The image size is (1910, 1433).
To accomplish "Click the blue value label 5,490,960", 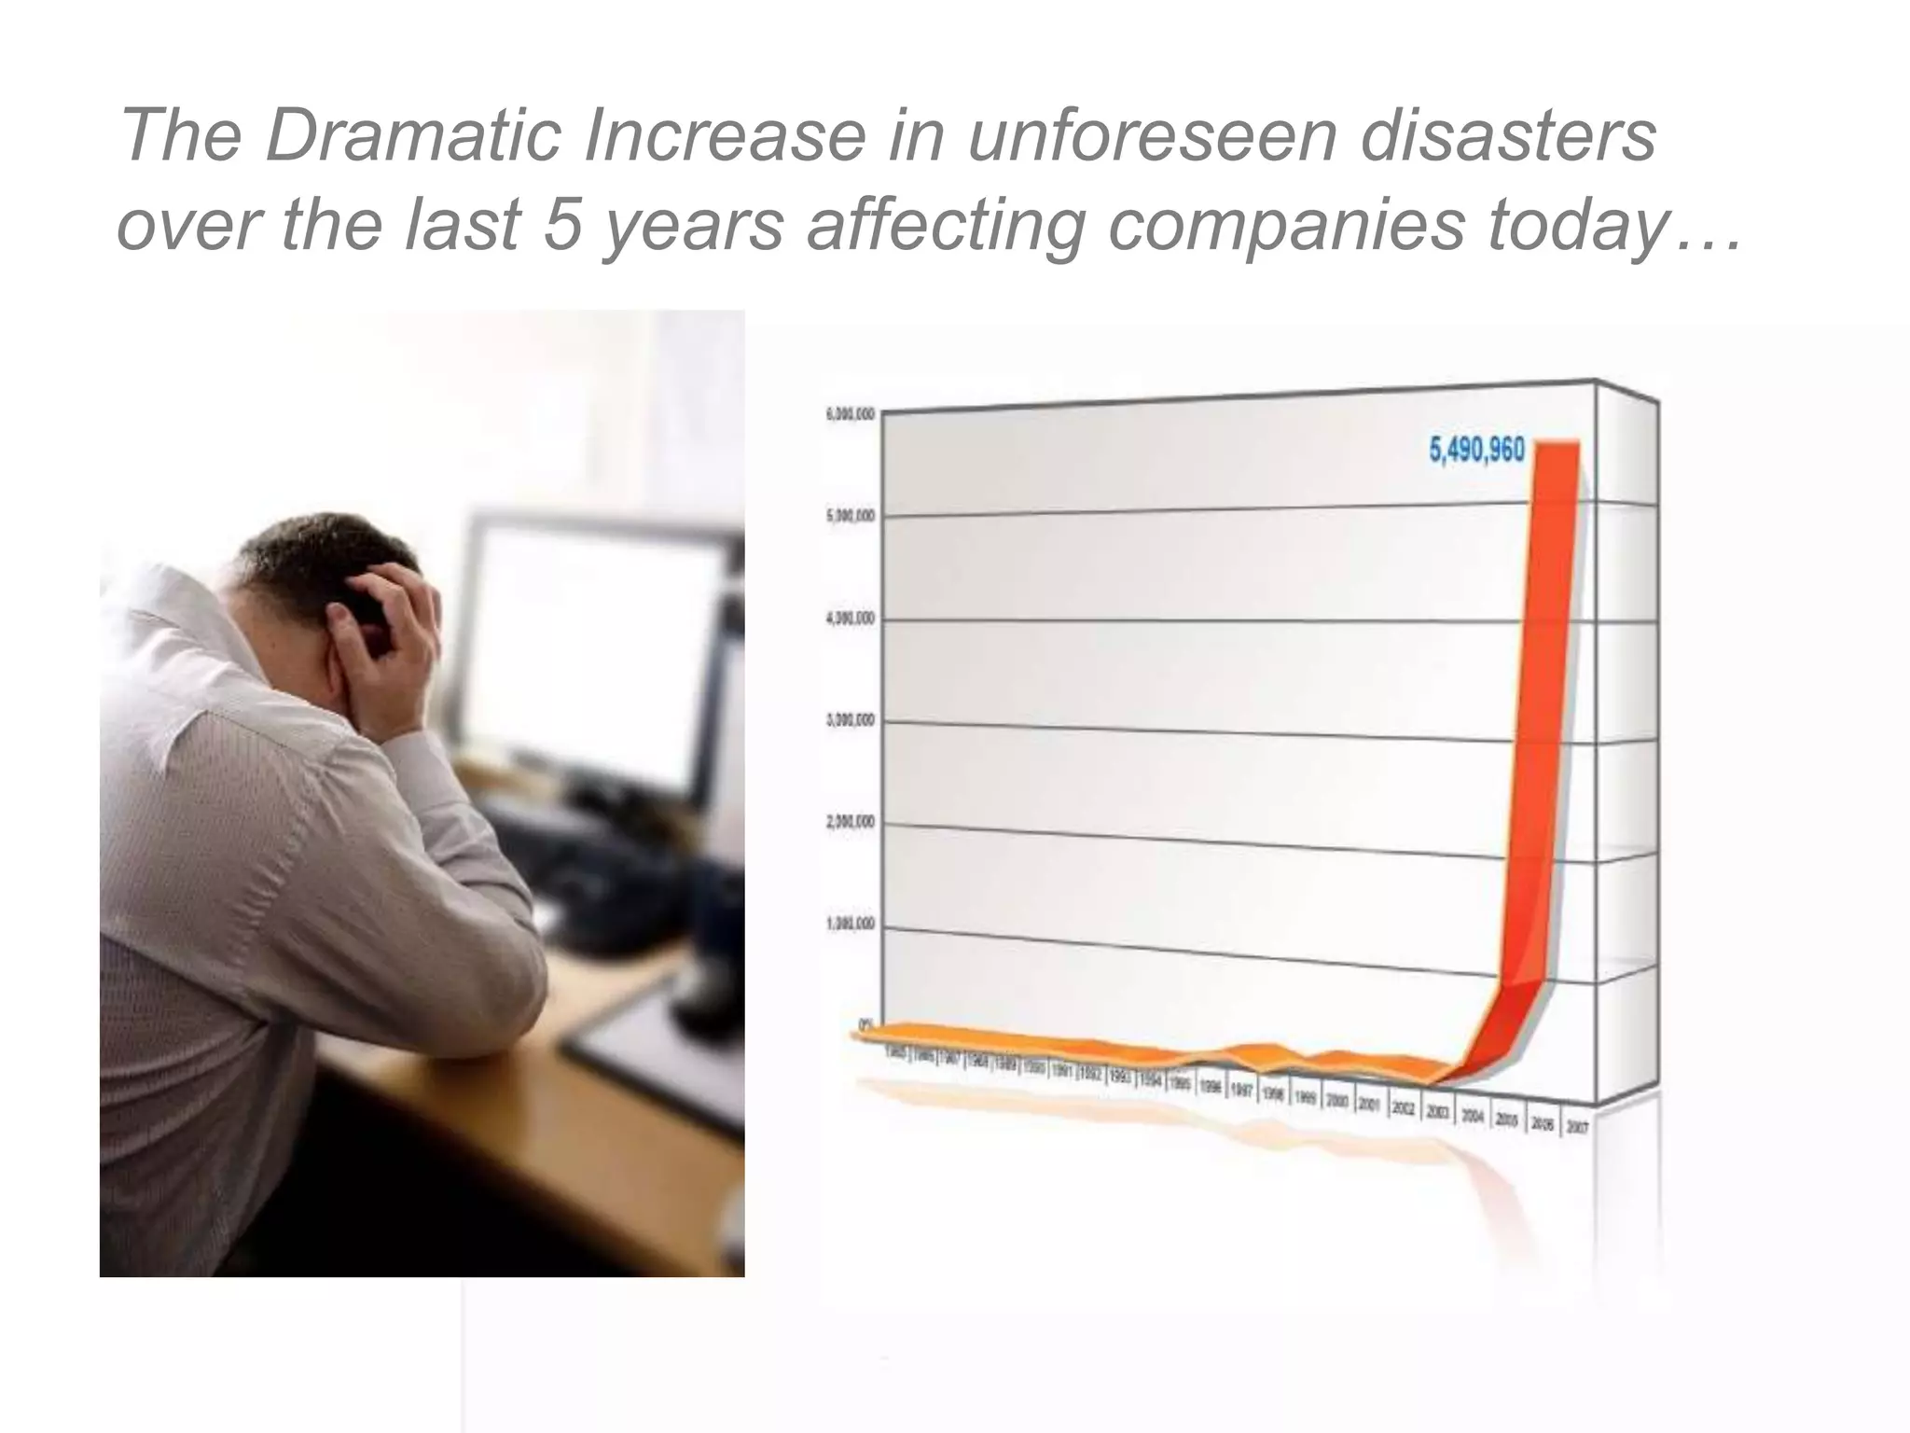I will pyautogui.click(x=1476, y=451).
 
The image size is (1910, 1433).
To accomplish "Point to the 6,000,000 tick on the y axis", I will pyautogui.click(x=850, y=413).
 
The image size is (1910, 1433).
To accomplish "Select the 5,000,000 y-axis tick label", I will pyautogui.click(x=850, y=516).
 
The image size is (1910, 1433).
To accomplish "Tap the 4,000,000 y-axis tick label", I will pyautogui.click(x=850, y=619).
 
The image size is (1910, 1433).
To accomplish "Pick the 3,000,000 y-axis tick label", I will pyautogui.click(x=850, y=720).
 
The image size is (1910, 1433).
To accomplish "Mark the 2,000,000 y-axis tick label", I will pyautogui.click(x=850, y=822).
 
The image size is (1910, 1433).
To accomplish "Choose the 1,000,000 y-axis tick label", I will pyautogui.click(x=850, y=924).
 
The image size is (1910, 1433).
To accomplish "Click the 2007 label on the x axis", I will pyautogui.click(x=1577, y=1127).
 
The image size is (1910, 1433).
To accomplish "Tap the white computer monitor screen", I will pyautogui.click(x=597, y=644).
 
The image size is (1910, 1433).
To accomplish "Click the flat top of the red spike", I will pyautogui.click(x=1553, y=443).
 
